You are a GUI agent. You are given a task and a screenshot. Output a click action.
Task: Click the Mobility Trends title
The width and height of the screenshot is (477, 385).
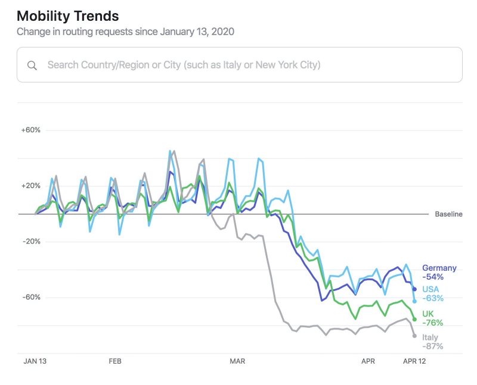point(67,16)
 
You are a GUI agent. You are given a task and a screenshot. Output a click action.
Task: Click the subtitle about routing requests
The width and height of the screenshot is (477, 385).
point(125,32)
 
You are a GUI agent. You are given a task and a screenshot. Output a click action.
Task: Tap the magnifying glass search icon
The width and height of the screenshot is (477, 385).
point(32,65)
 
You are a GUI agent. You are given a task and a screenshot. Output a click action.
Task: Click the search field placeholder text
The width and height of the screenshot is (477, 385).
point(184,64)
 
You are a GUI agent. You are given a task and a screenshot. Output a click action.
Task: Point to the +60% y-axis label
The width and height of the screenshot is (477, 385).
point(30,130)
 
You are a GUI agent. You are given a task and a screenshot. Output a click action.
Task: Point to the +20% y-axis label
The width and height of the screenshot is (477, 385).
point(30,186)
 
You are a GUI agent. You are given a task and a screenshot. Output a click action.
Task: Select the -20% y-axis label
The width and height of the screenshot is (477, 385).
point(31,242)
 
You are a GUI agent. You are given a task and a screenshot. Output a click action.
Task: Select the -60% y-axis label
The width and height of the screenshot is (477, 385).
point(31,298)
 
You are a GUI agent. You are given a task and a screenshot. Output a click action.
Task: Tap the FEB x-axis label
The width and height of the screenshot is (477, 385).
point(115,361)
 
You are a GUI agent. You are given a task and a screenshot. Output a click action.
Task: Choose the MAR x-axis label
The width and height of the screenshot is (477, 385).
point(238,361)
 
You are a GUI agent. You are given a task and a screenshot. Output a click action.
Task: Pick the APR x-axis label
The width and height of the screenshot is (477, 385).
point(368,361)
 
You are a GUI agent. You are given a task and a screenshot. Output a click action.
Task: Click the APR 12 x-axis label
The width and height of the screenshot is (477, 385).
point(414,361)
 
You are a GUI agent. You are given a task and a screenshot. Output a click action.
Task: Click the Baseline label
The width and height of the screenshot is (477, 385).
point(448,214)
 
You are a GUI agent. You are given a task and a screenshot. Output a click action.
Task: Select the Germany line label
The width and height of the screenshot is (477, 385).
point(439,268)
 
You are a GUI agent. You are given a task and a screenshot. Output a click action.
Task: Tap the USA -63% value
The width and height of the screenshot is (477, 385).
point(432,298)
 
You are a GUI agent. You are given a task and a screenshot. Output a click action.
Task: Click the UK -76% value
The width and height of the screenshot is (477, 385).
point(432,323)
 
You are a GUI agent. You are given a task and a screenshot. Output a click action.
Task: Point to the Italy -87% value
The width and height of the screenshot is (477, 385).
point(432,346)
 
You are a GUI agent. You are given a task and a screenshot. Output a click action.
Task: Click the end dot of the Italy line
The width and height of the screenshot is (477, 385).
point(414,336)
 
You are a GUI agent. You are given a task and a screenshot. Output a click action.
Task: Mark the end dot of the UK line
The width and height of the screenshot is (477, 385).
point(414,320)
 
